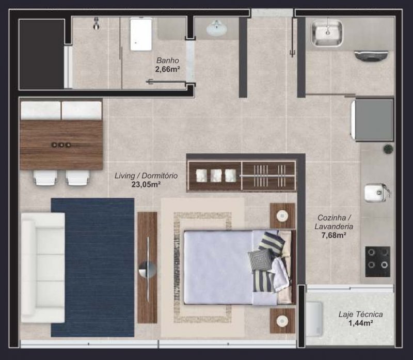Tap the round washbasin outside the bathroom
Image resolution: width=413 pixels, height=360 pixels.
[x=217, y=27]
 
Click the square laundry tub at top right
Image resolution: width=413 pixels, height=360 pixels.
[x=327, y=32]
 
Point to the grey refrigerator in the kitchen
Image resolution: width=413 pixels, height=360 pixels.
[x=373, y=120]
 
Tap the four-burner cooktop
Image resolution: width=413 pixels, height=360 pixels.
[x=377, y=261]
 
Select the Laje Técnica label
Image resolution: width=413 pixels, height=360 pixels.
[x=360, y=314]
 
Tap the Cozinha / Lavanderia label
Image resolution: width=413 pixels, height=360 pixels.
[x=334, y=222]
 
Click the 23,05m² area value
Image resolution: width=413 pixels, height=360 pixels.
[x=146, y=184]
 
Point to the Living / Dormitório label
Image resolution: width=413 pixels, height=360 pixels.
[x=146, y=176]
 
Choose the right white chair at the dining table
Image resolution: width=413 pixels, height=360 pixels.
[x=77, y=177]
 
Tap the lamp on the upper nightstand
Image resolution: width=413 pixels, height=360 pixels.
[x=282, y=215]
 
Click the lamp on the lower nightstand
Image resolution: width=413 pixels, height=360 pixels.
[x=282, y=321]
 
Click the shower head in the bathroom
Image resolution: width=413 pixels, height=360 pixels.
[x=97, y=23]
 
